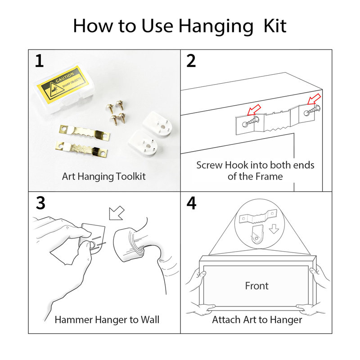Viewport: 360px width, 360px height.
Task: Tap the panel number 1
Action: pos(39,61)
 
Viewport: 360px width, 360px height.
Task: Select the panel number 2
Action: pos(191,61)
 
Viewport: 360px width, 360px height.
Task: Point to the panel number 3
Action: pos(40,203)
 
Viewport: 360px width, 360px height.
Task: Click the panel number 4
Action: pos(192,203)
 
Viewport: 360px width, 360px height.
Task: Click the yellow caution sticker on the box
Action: pos(63,85)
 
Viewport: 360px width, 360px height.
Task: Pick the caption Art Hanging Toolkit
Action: pos(104,176)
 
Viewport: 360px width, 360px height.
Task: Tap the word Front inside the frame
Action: pos(256,286)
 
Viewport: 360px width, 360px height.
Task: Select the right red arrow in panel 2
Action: pos(314,99)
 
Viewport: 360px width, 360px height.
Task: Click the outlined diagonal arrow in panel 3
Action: pos(117,213)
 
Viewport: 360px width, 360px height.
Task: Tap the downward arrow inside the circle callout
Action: pos(274,229)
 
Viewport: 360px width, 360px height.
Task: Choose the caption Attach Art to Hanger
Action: pos(257,320)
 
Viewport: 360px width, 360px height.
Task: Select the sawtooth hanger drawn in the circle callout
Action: pos(258,216)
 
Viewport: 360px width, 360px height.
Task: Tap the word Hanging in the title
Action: pos(216,27)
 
